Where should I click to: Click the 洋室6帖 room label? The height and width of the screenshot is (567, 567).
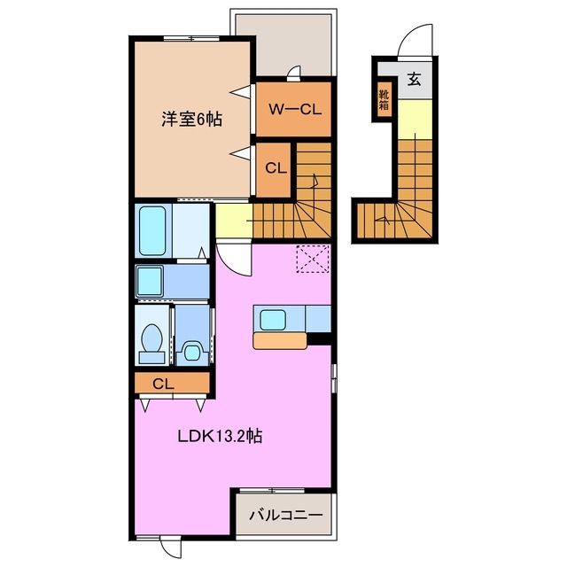point(190,119)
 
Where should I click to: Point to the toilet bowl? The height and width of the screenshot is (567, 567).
point(151,338)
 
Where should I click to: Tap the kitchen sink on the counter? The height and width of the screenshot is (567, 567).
point(271,318)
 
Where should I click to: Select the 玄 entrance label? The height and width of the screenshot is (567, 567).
point(413,79)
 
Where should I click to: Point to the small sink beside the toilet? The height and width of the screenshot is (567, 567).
point(191,353)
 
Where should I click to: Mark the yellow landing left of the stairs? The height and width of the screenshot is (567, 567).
point(233,220)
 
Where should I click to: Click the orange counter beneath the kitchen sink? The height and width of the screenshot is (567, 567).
point(279,339)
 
